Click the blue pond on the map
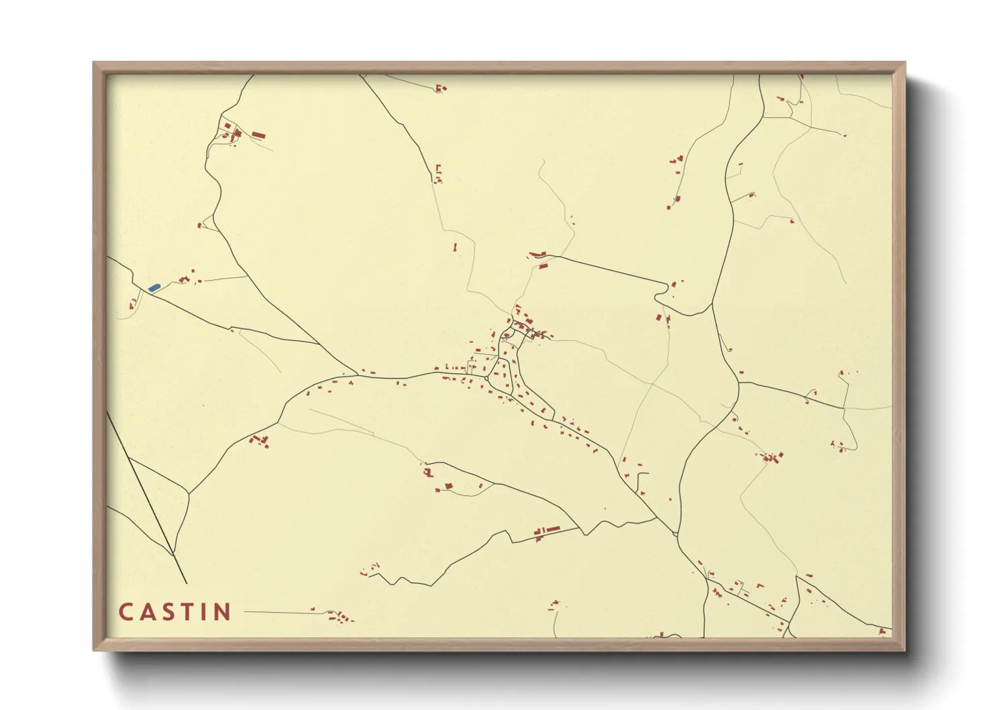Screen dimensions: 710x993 pyautogui.click(x=154, y=287)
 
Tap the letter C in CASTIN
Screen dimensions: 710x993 pyautogui.click(x=126, y=612)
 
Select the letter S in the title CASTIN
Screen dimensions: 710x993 pyautogui.click(x=168, y=612)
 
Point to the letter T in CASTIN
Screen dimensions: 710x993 pyautogui.click(x=188, y=612)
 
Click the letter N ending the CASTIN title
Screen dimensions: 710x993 pyautogui.click(x=223, y=612)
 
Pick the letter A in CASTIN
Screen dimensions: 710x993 pyautogui.click(x=147, y=612)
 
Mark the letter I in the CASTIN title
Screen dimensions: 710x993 pyautogui.click(x=204, y=612)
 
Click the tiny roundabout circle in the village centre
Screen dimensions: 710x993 pyautogui.click(x=486, y=379)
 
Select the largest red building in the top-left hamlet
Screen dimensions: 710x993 pyautogui.click(x=258, y=136)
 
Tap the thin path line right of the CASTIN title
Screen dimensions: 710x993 pyautogui.click(x=278, y=612)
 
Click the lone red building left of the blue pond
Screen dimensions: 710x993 pyautogui.click(x=132, y=305)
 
